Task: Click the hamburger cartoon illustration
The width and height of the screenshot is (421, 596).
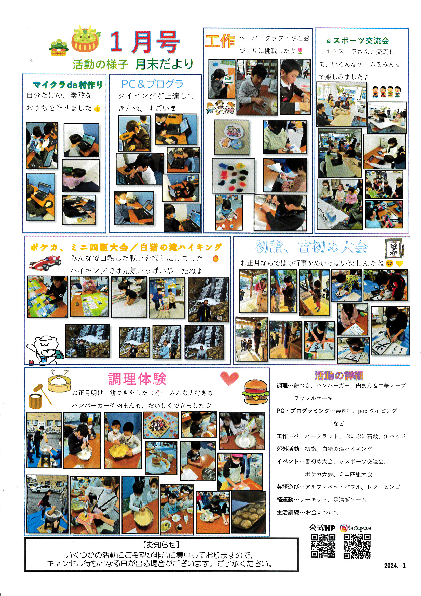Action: point(255,392)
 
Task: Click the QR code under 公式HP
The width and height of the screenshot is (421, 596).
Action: point(323,546)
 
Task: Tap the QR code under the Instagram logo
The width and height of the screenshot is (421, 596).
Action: point(357,546)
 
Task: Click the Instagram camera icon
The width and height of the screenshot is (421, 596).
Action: point(343,528)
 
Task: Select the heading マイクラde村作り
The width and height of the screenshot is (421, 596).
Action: point(68,85)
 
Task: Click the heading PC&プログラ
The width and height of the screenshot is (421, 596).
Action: point(152,84)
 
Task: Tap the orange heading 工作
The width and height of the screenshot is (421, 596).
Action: point(220,41)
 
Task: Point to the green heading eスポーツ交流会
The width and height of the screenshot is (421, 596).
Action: point(357,41)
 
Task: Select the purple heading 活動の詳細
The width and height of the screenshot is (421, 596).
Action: point(338,375)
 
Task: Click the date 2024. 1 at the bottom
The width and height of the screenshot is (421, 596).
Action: point(395,565)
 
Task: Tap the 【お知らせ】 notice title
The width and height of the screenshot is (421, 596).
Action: point(161,544)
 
